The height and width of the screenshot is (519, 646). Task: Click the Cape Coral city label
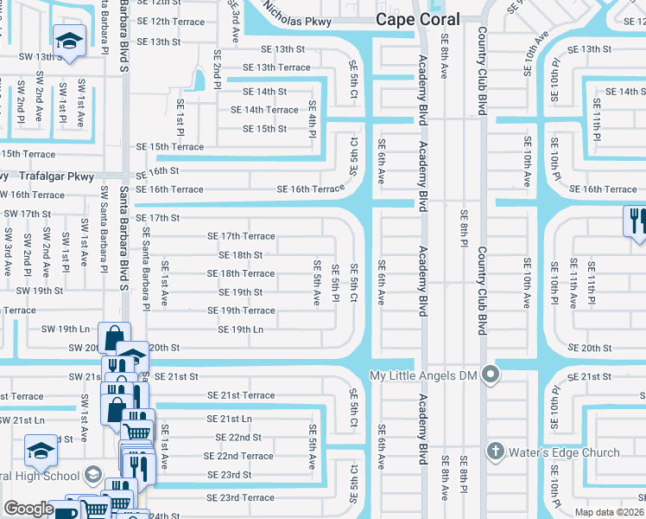(418, 20)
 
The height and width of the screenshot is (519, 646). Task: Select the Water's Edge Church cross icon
(496, 451)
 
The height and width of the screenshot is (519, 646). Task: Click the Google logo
(28, 508)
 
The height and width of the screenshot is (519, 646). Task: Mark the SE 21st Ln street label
(229, 418)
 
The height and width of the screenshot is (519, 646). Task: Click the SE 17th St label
(157, 218)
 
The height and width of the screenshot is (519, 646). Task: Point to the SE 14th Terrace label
(263, 110)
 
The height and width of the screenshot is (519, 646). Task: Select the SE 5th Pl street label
(334, 283)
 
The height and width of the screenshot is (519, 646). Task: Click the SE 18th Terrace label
(240, 273)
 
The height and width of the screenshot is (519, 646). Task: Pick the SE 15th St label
(264, 129)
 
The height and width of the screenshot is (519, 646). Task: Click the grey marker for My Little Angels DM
(491, 375)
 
